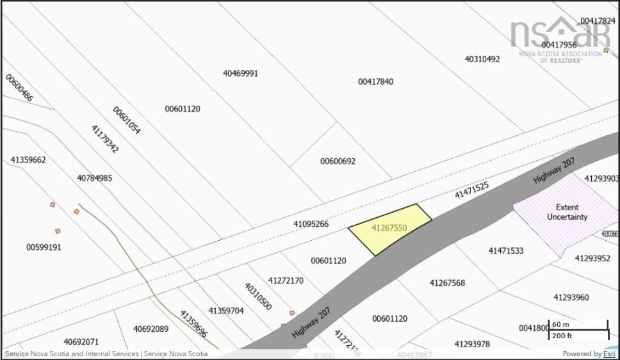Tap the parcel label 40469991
(240, 73)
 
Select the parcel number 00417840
(375, 81)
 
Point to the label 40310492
(482, 59)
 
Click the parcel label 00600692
(338, 161)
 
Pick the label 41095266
(311, 224)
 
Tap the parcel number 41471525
(471, 190)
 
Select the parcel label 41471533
(505, 250)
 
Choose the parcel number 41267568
(447, 283)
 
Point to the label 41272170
(286, 281)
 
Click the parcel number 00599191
(44, 247)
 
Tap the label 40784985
(94, 178)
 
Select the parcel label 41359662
(28, 160)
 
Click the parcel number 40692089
(151, 329)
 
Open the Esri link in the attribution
(609, 354)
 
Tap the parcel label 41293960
(571, 297)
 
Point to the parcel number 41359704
(225, 311)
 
